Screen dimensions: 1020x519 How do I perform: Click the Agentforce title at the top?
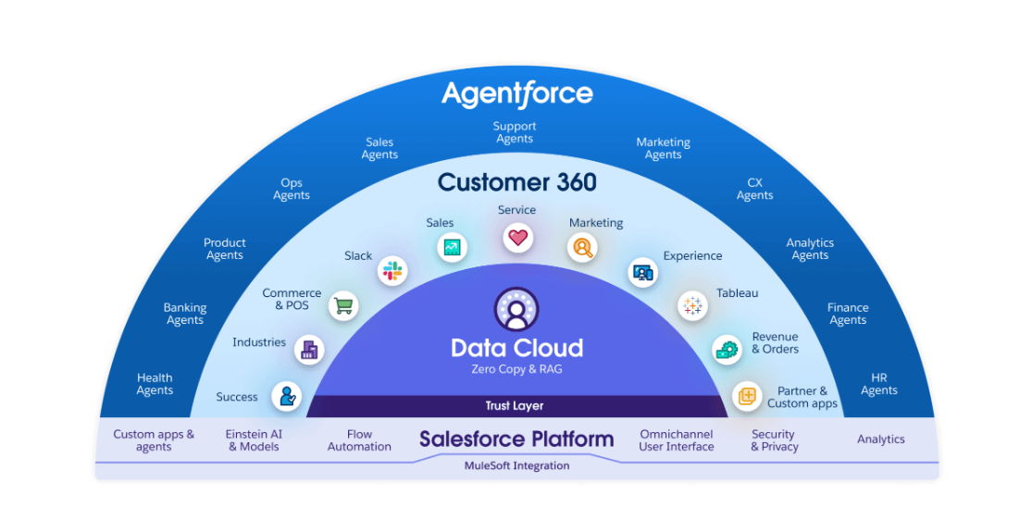coord(517,94)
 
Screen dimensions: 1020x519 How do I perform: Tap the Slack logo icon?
coord(392,270)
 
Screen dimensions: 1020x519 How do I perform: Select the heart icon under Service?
coord(517,238)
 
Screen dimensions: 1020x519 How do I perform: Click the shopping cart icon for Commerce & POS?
coord(343,305)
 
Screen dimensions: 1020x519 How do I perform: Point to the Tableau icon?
coord(692,305)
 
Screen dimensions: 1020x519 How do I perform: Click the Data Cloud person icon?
coord(516,310)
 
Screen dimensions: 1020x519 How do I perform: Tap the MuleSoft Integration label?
coord(516,465)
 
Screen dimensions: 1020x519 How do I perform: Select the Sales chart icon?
coord(452,247)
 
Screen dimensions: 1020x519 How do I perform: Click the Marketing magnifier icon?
coord(582,248)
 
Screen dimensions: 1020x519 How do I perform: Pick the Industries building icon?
coord(310,350)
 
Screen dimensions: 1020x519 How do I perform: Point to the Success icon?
coord(287,396)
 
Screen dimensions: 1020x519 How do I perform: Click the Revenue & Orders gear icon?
coord(727,350)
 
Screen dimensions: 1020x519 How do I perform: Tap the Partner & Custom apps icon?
coord(748,395)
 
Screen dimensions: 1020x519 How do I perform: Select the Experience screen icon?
coord(642,273)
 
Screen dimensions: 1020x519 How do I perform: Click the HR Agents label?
coord(878,384)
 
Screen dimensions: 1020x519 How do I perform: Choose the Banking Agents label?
coord(185,314)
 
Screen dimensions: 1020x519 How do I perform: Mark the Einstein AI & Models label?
coord(254,440)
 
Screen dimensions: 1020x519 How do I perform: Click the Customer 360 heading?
coord(517,182)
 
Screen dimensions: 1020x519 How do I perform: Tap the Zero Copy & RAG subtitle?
coord(516,369)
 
